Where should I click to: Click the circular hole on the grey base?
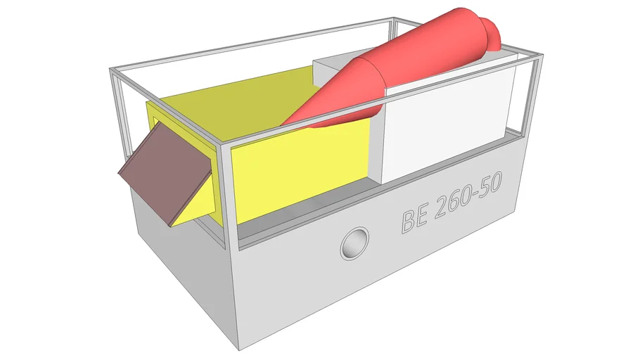click(x=354, y=243)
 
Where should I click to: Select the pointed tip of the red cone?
click(x=284, y=125)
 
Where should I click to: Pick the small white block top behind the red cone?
click(x=331, y=67)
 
